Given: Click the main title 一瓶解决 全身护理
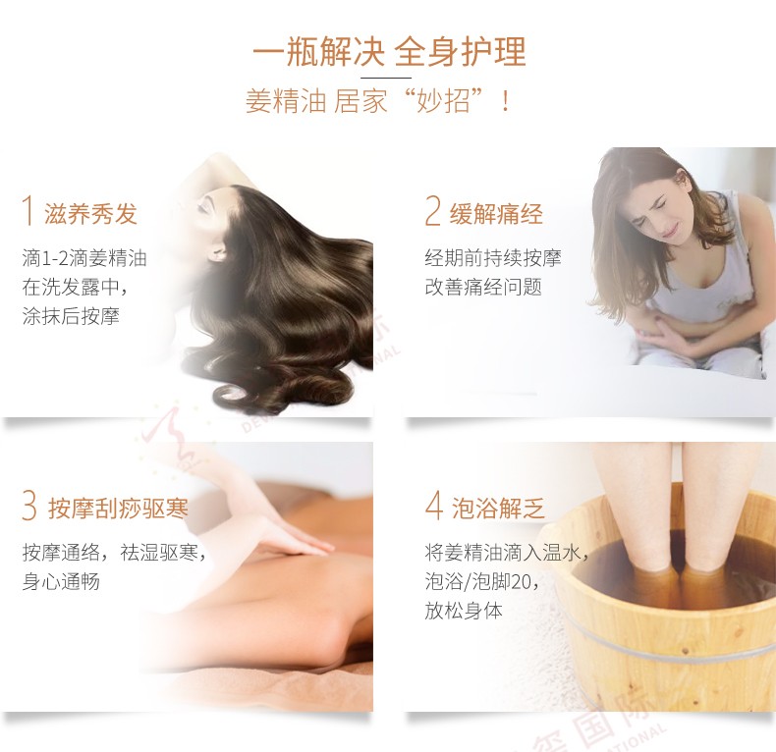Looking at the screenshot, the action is pyautogui.click(x=389, y=51).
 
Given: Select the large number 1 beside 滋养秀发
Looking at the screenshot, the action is pyautogui.click(x=28, y=211).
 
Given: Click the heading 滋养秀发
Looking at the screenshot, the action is pyautogui.click(x=90, y=214).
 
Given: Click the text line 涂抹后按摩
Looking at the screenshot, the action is pyautogui.click(x=71, y=316).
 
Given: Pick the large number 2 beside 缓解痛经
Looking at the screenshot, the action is pyautogui.click(x=432, y=211).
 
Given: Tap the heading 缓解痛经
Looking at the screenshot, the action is pyautogui.click(x=496, y=214).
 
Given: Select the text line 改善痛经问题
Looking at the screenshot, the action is pyautogui.click(x=483, y=287).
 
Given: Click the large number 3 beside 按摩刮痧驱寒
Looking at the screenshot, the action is pyautogui.click(x=29, y=506).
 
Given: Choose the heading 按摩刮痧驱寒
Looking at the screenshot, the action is pyautogui.click(x=118, y=509).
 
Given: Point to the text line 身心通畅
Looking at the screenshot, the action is pyautogui.click(x=61, y=581).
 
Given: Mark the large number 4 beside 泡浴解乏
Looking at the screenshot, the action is pyautogui.click(x=433, y=506).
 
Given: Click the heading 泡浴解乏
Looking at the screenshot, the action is pyautogui.click(x=498, y=509).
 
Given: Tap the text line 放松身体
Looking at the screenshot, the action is pyautogui.click(x=464, y=611).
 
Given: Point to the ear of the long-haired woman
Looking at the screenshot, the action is pyautogui.click(x=216, y=253).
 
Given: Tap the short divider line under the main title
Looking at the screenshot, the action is pyautogui.click(x=385, y=78).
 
